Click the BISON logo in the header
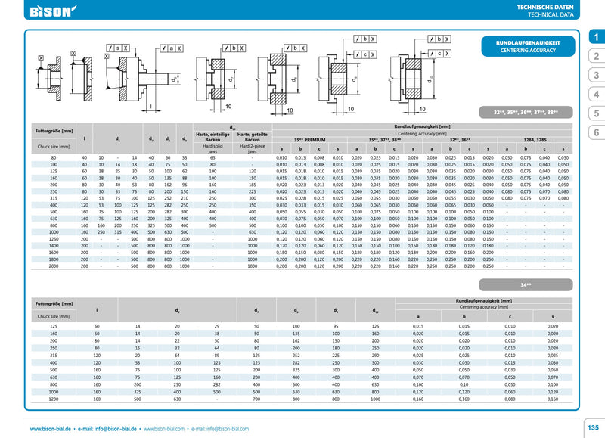coord(52,11)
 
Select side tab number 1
coord(595,37)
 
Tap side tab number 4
coord(595,94)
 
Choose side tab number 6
coord(595,132)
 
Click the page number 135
coord(593,428)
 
